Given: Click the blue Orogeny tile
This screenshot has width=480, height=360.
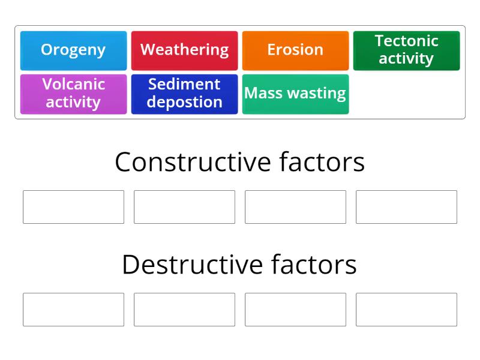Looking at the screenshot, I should [x=73, y=50].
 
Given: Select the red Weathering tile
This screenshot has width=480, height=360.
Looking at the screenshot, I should [x=184, y=50].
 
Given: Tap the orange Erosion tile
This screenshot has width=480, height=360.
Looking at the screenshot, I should [x=295, y=50].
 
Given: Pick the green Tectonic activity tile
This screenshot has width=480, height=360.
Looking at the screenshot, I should [x=406, y=50].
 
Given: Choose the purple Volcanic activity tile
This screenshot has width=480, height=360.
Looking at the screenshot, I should [x=73, y=94].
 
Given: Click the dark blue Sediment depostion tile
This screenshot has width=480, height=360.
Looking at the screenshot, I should [x=184, y=94].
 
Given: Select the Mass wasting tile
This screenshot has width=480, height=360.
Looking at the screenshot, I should [x=295, y=94].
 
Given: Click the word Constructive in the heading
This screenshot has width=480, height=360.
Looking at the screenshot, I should [x=193, y=162].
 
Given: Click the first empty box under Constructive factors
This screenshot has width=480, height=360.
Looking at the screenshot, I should [x=73, y=207].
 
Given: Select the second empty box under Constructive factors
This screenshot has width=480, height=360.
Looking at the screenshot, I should [x=184, y=207].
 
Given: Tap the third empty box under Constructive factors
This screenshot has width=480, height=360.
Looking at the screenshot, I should [x=295, y=207].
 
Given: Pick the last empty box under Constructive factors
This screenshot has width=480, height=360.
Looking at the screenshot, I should [x=406, y=207].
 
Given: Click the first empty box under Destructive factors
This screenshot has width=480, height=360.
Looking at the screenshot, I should [x=73, y=310].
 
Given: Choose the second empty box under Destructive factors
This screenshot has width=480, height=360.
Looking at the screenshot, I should [x=184, y=310].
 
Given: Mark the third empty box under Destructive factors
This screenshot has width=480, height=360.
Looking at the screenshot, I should [x=295, y=310].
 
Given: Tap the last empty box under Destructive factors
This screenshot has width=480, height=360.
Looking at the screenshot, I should [x=406, y=310].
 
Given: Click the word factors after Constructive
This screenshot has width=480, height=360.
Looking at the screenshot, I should [x=322, y=162].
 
